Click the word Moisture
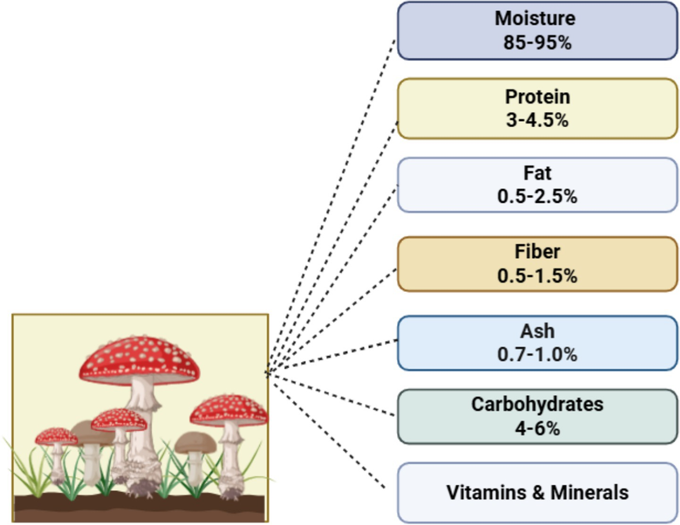pos(535,19)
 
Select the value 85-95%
pos(537,42)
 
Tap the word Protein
pos(537,97)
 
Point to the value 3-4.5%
pos(537,120)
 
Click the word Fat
pos(537,173)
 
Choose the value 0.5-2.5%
pos(537,197)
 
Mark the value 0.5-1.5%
pos(537,276)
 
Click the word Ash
pos(537,331)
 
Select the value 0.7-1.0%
pos(537,355)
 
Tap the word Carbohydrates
pos(537,404)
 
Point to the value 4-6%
pos(537,428)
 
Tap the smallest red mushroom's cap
pos(56,436)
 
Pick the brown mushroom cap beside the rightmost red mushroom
pos(195,442)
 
